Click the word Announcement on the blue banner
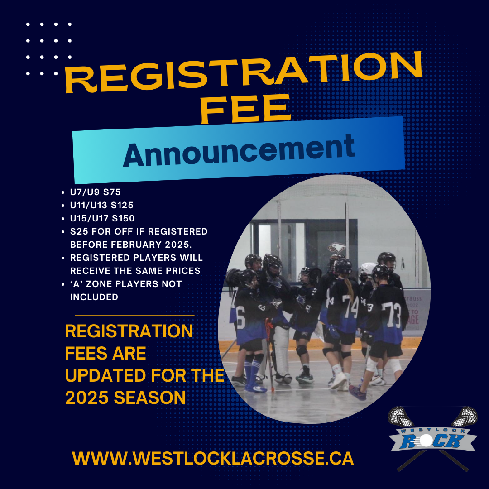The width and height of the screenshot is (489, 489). click(239, 151)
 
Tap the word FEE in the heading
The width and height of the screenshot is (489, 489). click(245, 109)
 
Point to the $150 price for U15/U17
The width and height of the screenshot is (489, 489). click(123, 218)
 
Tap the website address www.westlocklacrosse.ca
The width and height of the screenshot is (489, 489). click(213, 458)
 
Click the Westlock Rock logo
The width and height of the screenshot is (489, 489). click(432, 438)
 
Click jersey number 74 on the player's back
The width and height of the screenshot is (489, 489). click(350, 307)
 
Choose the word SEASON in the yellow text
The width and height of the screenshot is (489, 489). click(150, 398)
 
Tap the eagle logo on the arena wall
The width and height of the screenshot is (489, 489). click(337, 248)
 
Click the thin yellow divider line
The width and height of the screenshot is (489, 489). click(134, 316)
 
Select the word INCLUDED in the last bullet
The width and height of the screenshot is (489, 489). click(94, 297)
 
